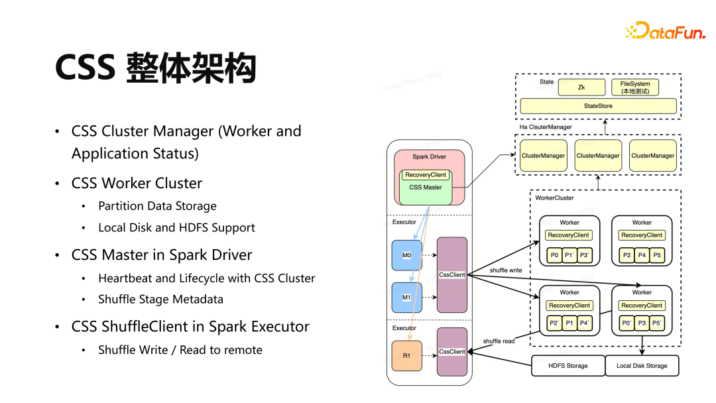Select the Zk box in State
pyautogui.click(x=581, y=87)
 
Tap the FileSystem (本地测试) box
pyautogui.click(x=634, y=87)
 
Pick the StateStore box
pyautogui.click(x=598, y=106)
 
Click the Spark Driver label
pyautogui.click(x=429, y=157)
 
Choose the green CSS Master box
pyautogui.click(x=426, y=187)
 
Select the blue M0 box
pyautogui.click(x=407, y=256)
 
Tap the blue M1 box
pyautogui.click(x=407, y=298)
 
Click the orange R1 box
pyautogui.click(x=407, y=356)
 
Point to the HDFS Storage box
pyautogui.click(x=568, y=366)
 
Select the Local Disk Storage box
pyautogui.click(x=642, y=366)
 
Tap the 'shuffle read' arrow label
pyautogui.click(x=499, y=341)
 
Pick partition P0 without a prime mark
pyautogui.click(x=554, y=255)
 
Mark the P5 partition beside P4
pyautogui.click(x=656, y=255)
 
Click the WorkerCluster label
pyautogui.click(x=554, y=198)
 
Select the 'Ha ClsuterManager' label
pyautogui.click(x=546, y=127)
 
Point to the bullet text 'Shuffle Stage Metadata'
pyautogui.click(x=160, y=299)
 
